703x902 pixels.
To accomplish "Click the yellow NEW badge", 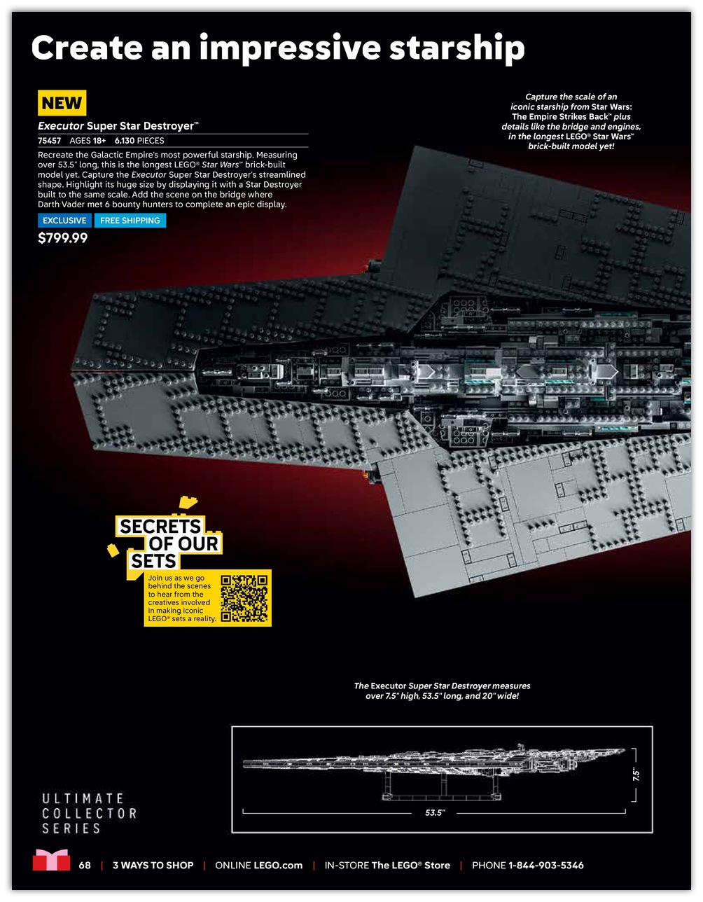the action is (62, 102).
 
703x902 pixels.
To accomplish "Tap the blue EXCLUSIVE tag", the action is (64, 221).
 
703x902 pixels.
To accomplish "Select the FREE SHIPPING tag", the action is (130, 221).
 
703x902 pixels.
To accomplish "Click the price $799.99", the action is (62, 238).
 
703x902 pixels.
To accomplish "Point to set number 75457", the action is (50, 141).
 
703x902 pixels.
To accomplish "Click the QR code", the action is (244, 598).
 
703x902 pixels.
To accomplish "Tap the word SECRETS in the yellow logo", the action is (160, 527).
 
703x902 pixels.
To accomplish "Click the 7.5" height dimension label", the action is (636, 775).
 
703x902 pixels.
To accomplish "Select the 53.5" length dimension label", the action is (435, 812).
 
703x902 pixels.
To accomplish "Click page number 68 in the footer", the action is (85, 865).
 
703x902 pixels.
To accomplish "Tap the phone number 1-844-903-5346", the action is (545, 865).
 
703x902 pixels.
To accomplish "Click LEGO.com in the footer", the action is (278, 865).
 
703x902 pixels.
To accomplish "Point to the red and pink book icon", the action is (51, 860).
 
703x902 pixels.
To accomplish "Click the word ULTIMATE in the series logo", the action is (83, 798).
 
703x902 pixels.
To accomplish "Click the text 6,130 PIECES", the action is (139, 141).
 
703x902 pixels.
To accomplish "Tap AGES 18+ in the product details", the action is (88, 141).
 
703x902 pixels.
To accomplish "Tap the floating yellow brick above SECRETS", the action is (188, 502).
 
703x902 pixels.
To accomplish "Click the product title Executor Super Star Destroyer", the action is (118, 126).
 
